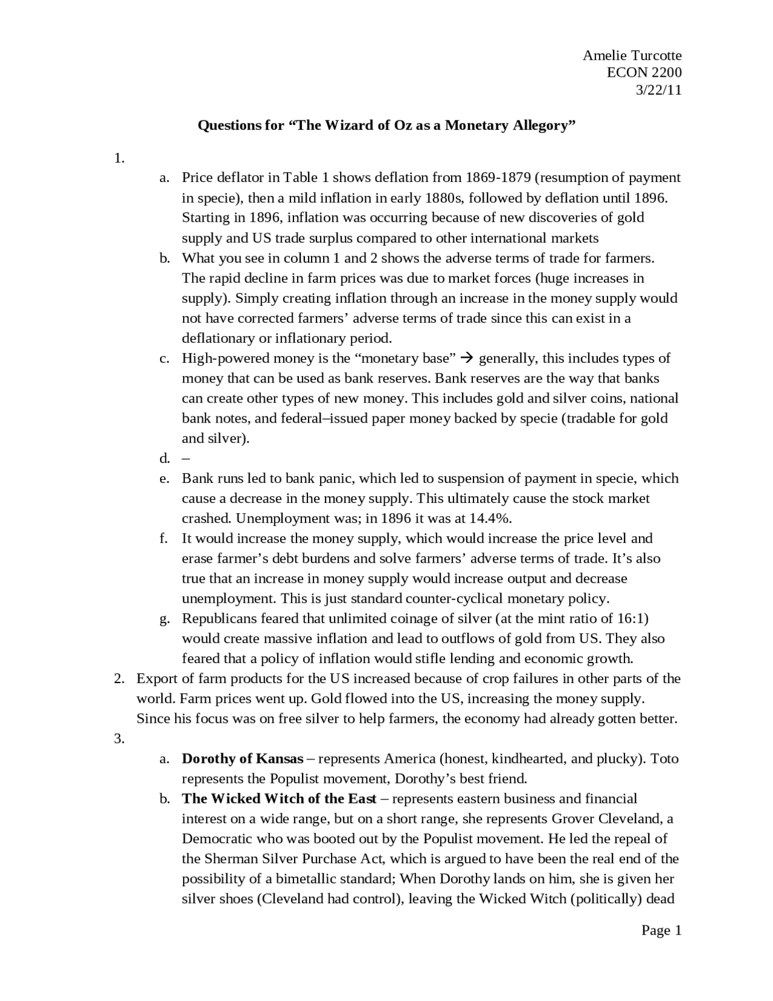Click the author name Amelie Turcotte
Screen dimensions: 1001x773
coord(632,56)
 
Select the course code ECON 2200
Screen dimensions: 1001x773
coord(644,73)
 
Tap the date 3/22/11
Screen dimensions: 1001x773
coord(658,90)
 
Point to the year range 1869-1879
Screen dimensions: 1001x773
coord(498,178)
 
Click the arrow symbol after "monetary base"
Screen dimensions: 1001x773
coord(466,358)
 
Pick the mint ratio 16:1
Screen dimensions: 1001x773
coord(626,619)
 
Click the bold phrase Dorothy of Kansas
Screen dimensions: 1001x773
coord(242,759)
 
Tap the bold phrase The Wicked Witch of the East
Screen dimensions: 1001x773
coord(279,799)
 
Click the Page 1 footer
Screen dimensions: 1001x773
coord(661,930)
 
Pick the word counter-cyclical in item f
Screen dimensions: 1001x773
coord(454,599)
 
